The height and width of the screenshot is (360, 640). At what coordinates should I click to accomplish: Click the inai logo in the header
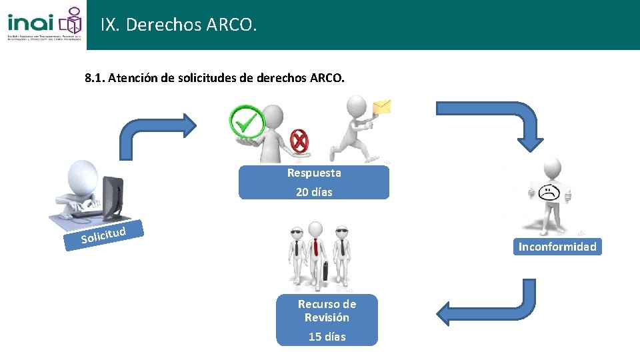[44, 24]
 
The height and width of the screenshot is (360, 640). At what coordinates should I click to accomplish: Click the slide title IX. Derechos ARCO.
[178, 25]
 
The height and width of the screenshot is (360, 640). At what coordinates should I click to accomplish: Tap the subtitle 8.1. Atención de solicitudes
[215, 78]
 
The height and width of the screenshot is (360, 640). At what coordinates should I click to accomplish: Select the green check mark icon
[247, 121]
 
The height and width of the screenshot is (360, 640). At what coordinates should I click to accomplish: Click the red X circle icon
[300, 141]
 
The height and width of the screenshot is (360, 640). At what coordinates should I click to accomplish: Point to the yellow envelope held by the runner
[382, 107]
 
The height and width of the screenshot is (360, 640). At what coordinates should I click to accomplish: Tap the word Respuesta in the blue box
[314, 173]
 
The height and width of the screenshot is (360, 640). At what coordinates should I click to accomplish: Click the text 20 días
[314, 192]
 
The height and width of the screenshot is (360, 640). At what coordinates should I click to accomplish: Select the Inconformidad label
[557, 247]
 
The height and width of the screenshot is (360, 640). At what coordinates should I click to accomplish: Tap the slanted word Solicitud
[103, 235]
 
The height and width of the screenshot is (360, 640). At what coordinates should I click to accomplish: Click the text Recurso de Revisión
[327, 311]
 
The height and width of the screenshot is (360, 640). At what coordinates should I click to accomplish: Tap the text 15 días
[327, 337]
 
